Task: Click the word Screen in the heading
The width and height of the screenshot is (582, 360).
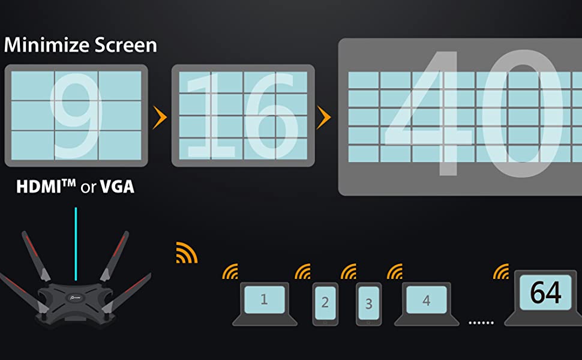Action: pos(126,45)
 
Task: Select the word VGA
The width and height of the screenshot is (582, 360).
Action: pos(117,187)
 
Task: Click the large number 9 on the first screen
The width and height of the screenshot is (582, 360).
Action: pos(76,115)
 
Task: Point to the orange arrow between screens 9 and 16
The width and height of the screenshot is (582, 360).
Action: pos(160,118)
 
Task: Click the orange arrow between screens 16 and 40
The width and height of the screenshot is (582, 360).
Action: pos(323,118)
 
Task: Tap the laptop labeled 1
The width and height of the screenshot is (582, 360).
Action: pos(265,304)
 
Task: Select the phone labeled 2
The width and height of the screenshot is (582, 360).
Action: pos(325,304)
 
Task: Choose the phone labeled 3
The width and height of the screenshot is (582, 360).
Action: pos(368,304)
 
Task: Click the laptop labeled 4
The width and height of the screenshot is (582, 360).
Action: pos(427,304)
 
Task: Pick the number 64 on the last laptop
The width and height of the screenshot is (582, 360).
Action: pos(545,292)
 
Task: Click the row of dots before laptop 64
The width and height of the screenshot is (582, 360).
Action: pos(481,323)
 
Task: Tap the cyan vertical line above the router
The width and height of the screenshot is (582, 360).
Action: pos(76,244)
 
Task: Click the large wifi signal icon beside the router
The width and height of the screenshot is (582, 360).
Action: pos(187,253)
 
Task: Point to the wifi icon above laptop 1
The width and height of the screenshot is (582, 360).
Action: pos(230,272)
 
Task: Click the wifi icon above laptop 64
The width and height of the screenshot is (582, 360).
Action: pos(501,272)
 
